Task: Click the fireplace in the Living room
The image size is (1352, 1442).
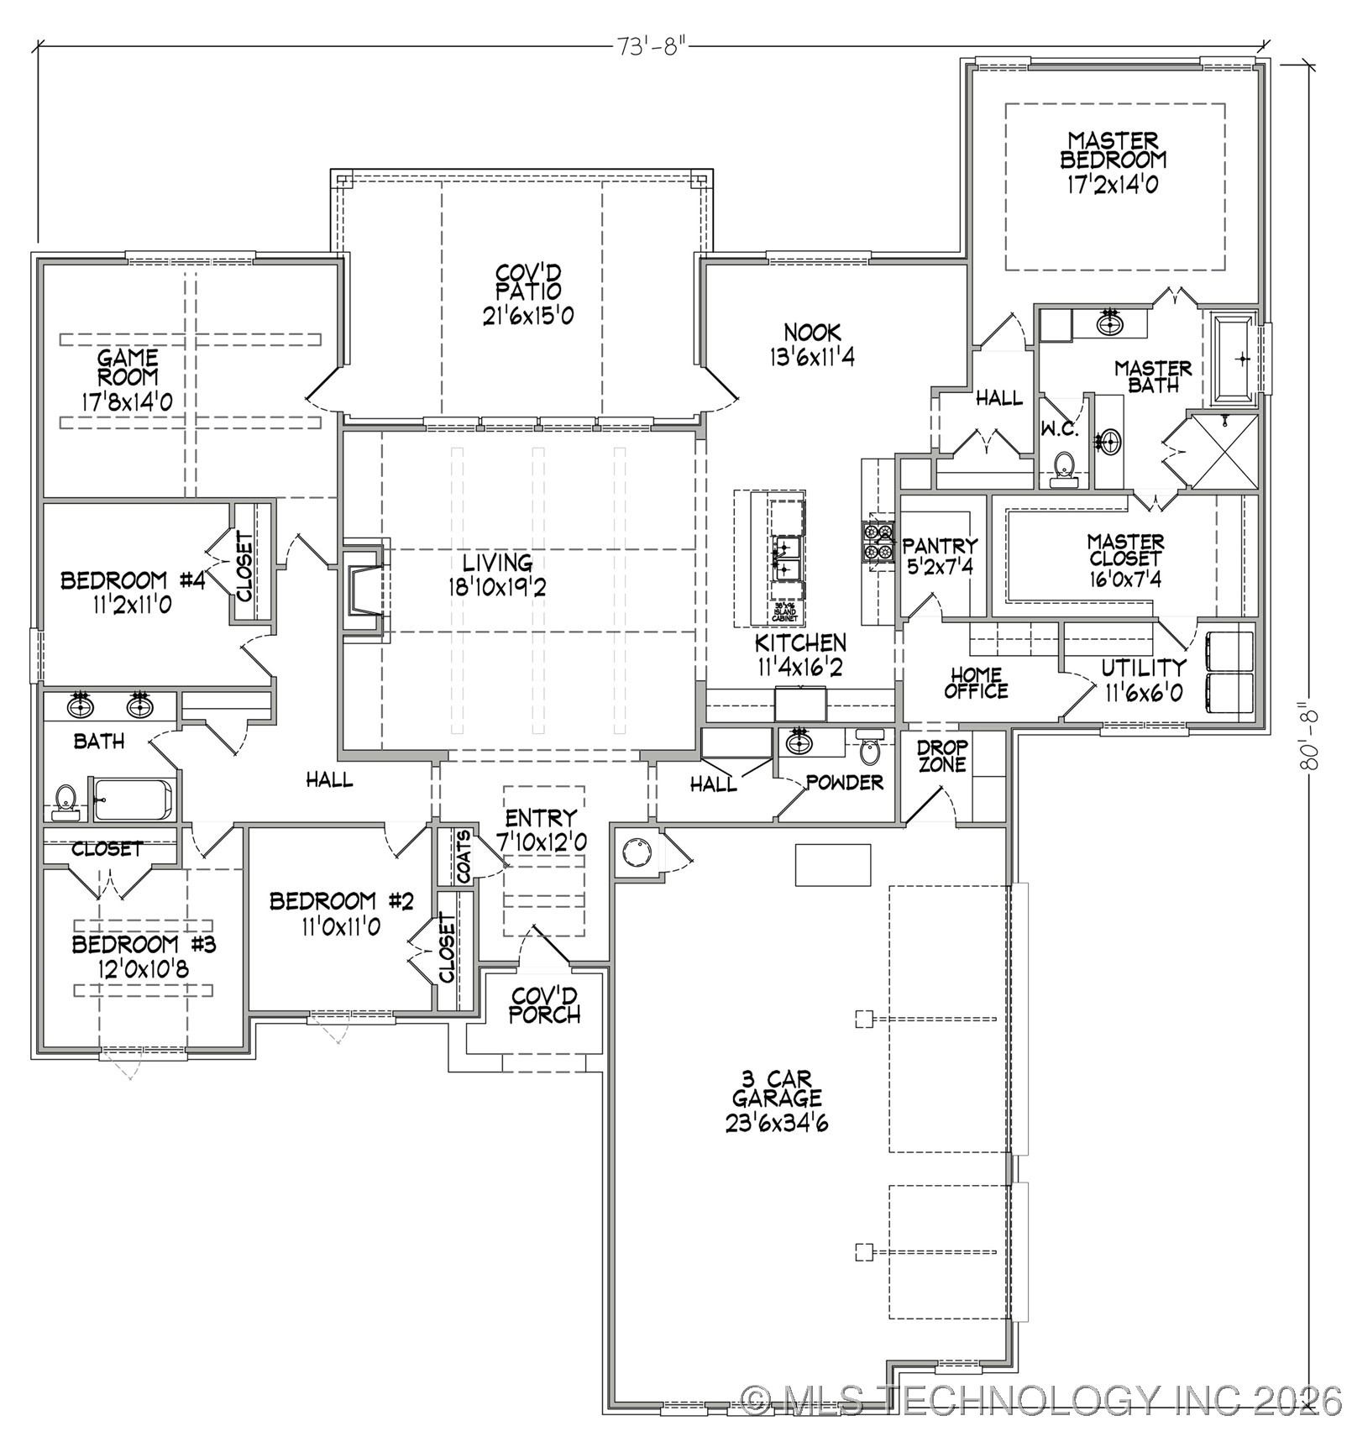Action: [362, 588]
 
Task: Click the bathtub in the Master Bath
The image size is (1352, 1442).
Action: [1233, 359]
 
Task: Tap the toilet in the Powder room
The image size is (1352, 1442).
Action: [869, 747]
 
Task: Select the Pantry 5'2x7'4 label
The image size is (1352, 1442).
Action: [939, 556]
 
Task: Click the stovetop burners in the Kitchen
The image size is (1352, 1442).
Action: [878, 541]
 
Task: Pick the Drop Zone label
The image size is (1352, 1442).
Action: [942, 756]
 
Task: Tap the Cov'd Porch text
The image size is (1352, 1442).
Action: [544, 1005]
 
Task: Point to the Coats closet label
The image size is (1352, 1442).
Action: [464, 857]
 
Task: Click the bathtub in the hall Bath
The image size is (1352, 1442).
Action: [134, 799]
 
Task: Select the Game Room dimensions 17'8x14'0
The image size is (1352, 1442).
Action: [127, 401]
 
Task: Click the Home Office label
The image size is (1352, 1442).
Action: [976, 683]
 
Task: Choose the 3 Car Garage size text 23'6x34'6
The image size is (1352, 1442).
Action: [777, 1123]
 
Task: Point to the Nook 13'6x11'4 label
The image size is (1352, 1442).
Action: [812, 344]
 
